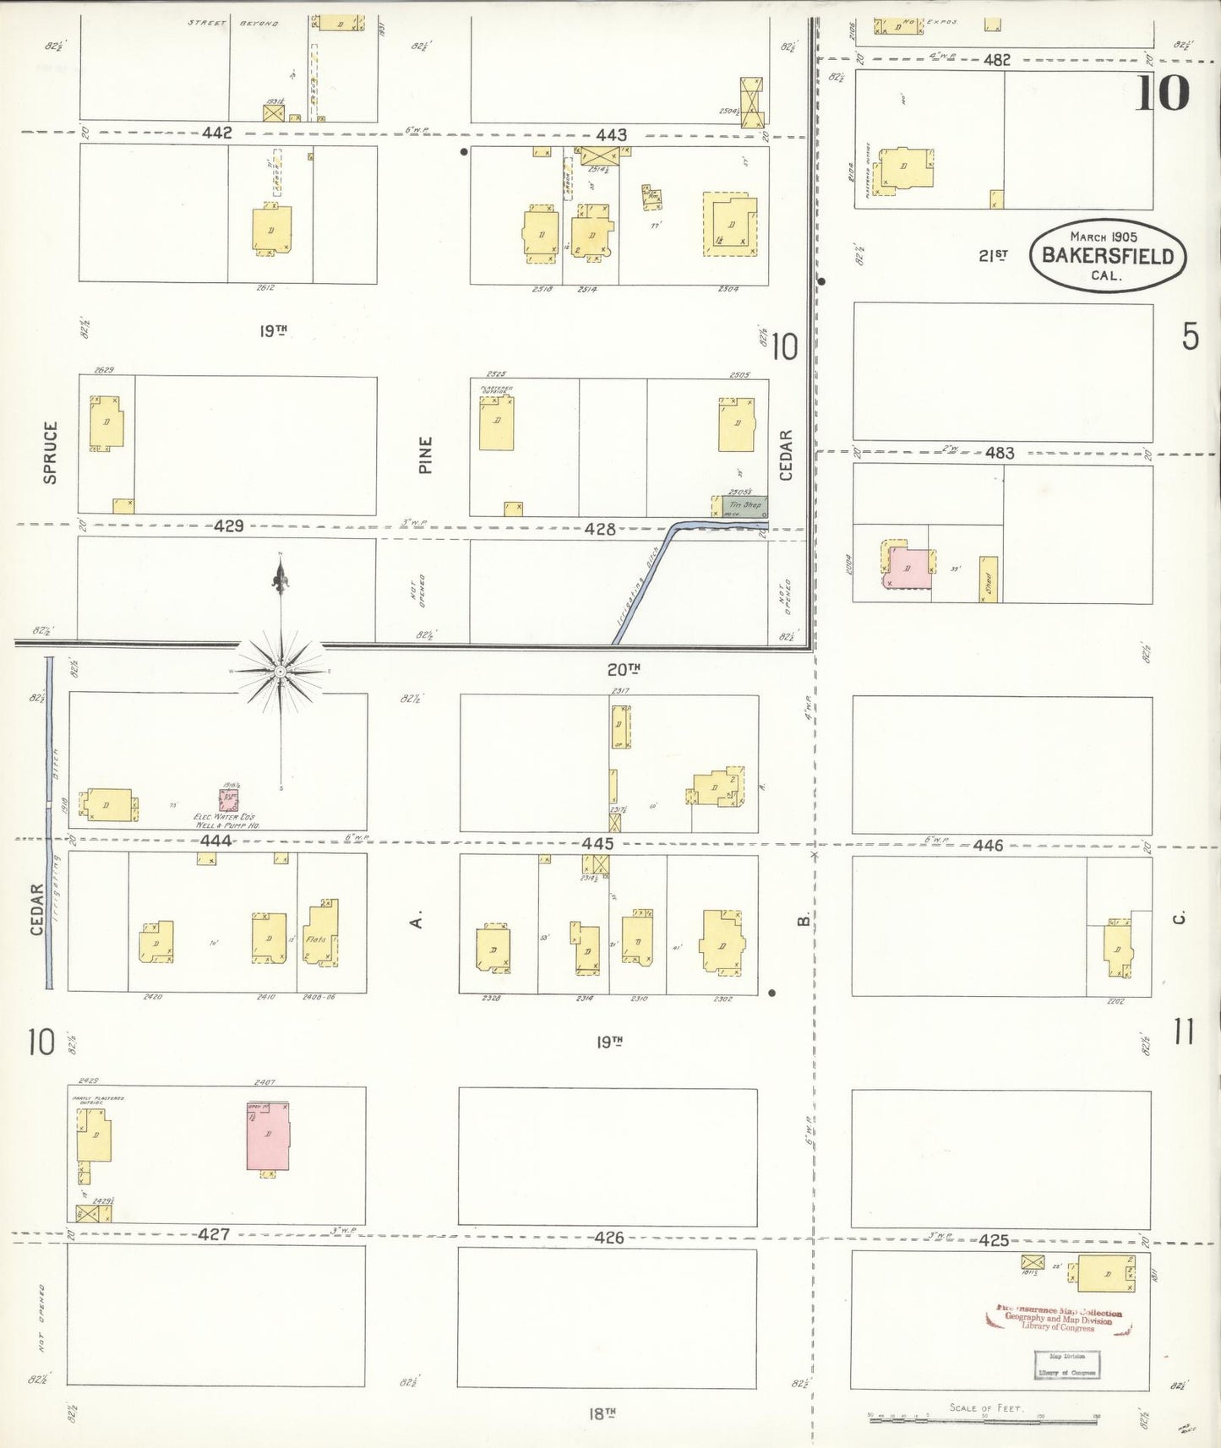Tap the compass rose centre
tap(280, 672)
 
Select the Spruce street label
tap(51, 452)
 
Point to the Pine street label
tap(426, 455)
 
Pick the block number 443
tap(611, 135)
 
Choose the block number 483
tap(999, 454)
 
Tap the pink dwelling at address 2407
tap(268, 1136)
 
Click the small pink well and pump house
tap(228, 799)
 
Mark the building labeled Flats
tap(320, 934)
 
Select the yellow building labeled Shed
tap(988, 580)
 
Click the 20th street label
tap(624, 669)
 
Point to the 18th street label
tap(601, 1413)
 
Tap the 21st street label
tap(993, 255)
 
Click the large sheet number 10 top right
tap(1162, 93)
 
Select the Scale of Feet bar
tap(984, 1418)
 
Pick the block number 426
tap(608, 1238)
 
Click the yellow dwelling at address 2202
tap(1118, 949)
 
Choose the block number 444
tap(216, 841)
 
